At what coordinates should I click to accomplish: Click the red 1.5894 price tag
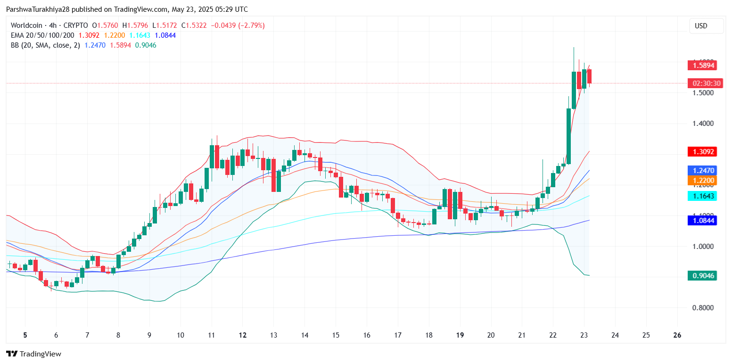tap(702, 66)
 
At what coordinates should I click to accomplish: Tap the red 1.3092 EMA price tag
tap(702, 152)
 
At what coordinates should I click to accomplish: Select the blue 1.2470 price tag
tap(702, 170)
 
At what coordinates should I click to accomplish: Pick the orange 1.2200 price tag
tap(702, 180)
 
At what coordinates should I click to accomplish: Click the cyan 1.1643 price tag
tap(702, 196)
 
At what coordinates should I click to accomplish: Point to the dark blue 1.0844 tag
tap(702, 220)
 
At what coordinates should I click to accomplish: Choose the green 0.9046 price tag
tap(702, 276)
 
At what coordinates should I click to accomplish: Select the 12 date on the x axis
tap(243, 335)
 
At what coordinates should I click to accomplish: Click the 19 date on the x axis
tap(460, 335)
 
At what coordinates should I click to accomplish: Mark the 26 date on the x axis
tap(677, 335)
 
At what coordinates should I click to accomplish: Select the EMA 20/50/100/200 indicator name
tap(42, 35)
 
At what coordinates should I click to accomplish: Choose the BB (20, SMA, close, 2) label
tap(45, 45)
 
